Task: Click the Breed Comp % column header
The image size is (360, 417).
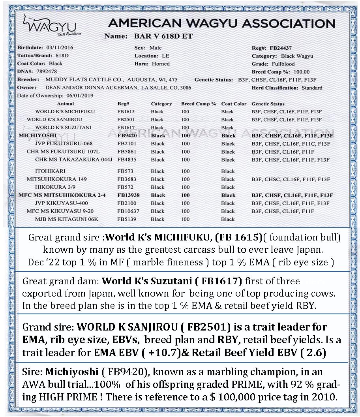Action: (199, 104)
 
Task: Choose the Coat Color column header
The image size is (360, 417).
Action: (234, 104)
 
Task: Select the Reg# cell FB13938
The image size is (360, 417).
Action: (128, 195)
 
